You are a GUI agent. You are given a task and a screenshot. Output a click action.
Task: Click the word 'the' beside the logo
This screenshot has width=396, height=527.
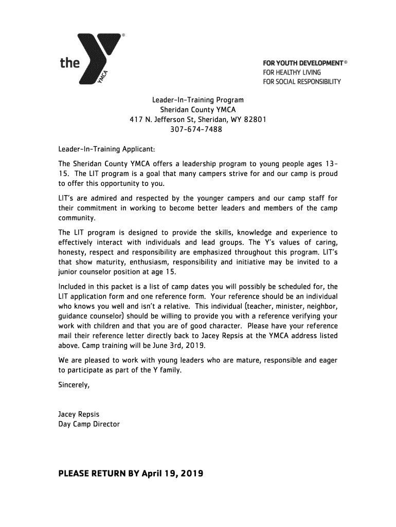(x=70, y=63)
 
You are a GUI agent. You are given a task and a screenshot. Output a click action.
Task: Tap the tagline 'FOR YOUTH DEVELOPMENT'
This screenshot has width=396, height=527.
(x=303, y=63)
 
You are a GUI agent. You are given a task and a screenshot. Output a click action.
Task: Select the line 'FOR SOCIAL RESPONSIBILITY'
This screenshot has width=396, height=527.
(x=302, y=82)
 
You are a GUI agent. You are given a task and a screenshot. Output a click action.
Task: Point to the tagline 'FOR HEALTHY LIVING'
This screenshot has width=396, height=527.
(x=291, y=73)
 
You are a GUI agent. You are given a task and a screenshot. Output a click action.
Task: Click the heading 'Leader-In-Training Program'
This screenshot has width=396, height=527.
(x=197, y=100)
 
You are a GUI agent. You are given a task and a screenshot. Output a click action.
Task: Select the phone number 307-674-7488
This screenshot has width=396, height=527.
(x=196, y=130)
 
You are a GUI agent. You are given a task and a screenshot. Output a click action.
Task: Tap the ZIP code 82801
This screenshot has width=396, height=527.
(x=255, y=120)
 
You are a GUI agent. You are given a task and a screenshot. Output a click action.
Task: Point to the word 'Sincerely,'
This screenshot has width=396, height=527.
(x=74, y=384)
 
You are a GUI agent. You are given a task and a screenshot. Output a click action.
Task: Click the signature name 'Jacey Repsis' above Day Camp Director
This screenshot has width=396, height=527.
(x=79, y=414)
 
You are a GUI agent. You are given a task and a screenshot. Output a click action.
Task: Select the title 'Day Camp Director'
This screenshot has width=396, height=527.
(x=88, y=424)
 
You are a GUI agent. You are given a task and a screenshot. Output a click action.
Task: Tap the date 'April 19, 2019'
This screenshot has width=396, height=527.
(x=172, y=473)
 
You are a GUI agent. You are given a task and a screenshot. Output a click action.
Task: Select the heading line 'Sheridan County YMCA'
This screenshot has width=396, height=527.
(x=197, y=110)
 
